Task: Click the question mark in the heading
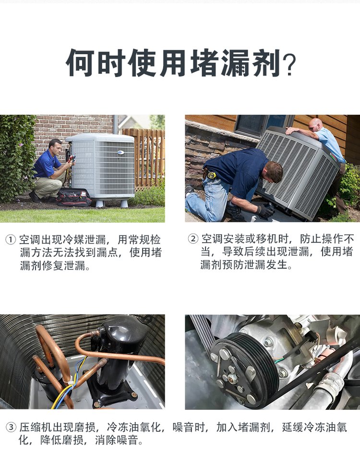tap(289, 65)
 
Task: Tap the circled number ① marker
tap(11, 240)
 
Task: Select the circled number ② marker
tap(192, 239)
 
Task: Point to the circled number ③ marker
tap(11, 427)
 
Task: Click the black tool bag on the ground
tap(74, 197)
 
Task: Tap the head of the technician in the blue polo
tap(55, 146)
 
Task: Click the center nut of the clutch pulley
tap(232, 377)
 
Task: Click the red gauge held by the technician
tap(72, 158)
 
